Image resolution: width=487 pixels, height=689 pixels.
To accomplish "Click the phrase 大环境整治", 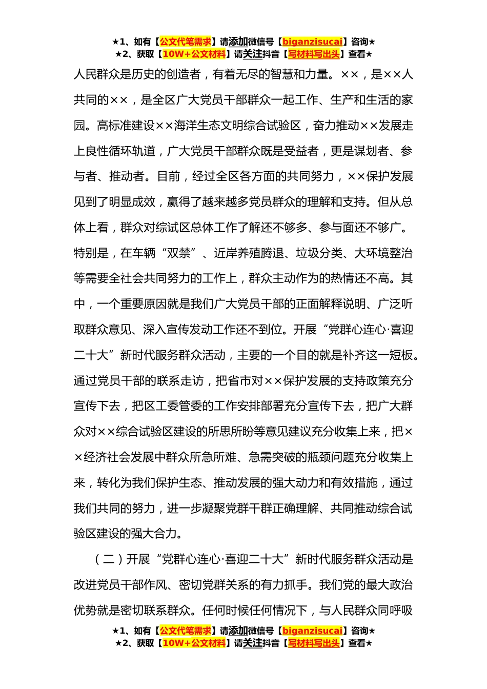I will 383,253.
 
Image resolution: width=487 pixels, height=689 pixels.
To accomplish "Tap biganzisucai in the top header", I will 312,42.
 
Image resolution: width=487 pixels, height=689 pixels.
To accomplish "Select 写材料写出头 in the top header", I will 314,54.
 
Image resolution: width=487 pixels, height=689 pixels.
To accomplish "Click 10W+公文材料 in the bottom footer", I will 194,643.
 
